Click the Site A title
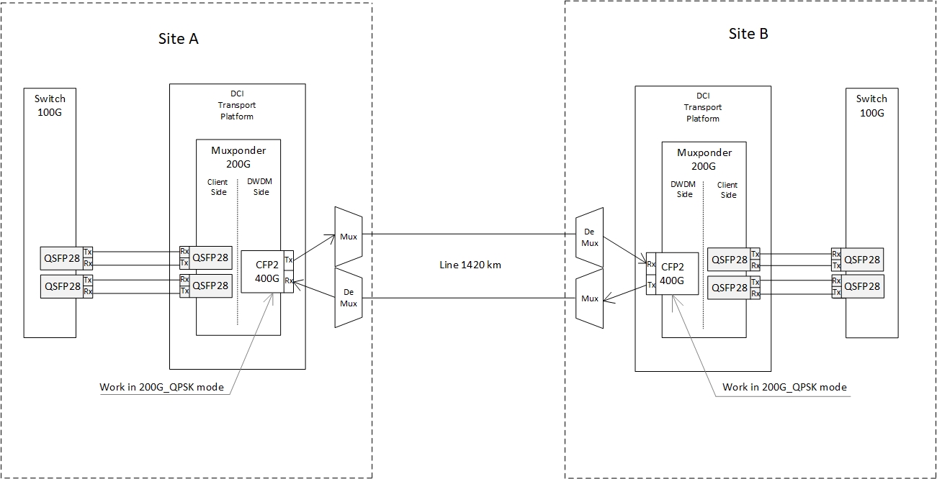(178, 39)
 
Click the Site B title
(748, 34)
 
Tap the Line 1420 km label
(470, 265)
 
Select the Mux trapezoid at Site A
(349, 236)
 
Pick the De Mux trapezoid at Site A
(349, 298)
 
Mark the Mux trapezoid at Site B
(590, 298)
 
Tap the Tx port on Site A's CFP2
(289, 260)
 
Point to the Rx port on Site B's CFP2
(651, 264)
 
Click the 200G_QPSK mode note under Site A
(161, 388)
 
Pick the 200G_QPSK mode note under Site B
(784, 387)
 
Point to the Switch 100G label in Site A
(50, 105)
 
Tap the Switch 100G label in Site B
(871, 105)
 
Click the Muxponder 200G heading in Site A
(238, 158)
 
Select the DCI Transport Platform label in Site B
(703, 107)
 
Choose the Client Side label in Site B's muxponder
(728, 190)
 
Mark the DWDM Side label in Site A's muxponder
(261, 187)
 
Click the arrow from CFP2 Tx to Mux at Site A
(315, 247)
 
